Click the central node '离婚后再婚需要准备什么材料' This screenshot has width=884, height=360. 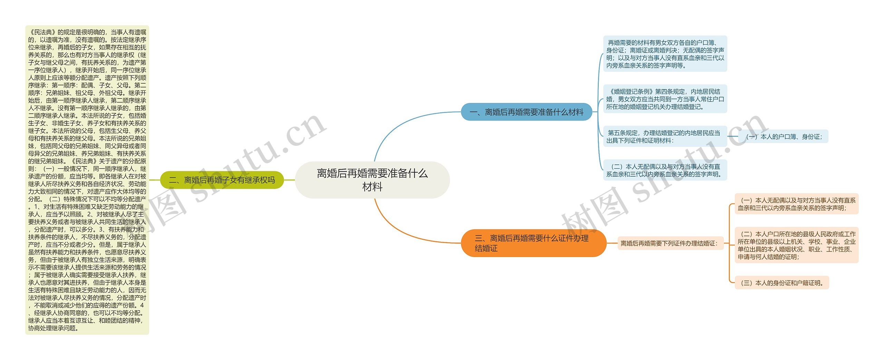pos(372,180)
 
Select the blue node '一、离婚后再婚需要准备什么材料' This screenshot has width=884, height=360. pos(527,112)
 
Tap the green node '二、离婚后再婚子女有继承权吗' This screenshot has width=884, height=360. pos(222,180)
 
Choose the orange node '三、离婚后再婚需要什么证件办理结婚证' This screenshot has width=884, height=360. pos(534,243)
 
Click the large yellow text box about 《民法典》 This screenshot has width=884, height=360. pos(87,180)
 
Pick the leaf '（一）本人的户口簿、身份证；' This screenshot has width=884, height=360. pos(784,137)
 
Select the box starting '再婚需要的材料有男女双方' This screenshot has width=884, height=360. pos(665,54)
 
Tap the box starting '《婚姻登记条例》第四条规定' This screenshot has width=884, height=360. pos(665,99)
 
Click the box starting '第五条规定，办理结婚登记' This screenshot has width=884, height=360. pos(665,136)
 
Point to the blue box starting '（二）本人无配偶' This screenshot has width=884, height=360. pos(665,170)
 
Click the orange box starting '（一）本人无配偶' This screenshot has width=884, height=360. pos(796,204)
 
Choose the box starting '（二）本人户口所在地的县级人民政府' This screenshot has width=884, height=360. pos(796,245)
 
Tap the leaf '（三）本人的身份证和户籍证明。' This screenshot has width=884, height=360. pos(782,283)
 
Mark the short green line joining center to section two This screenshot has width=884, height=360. pos(289,180)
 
